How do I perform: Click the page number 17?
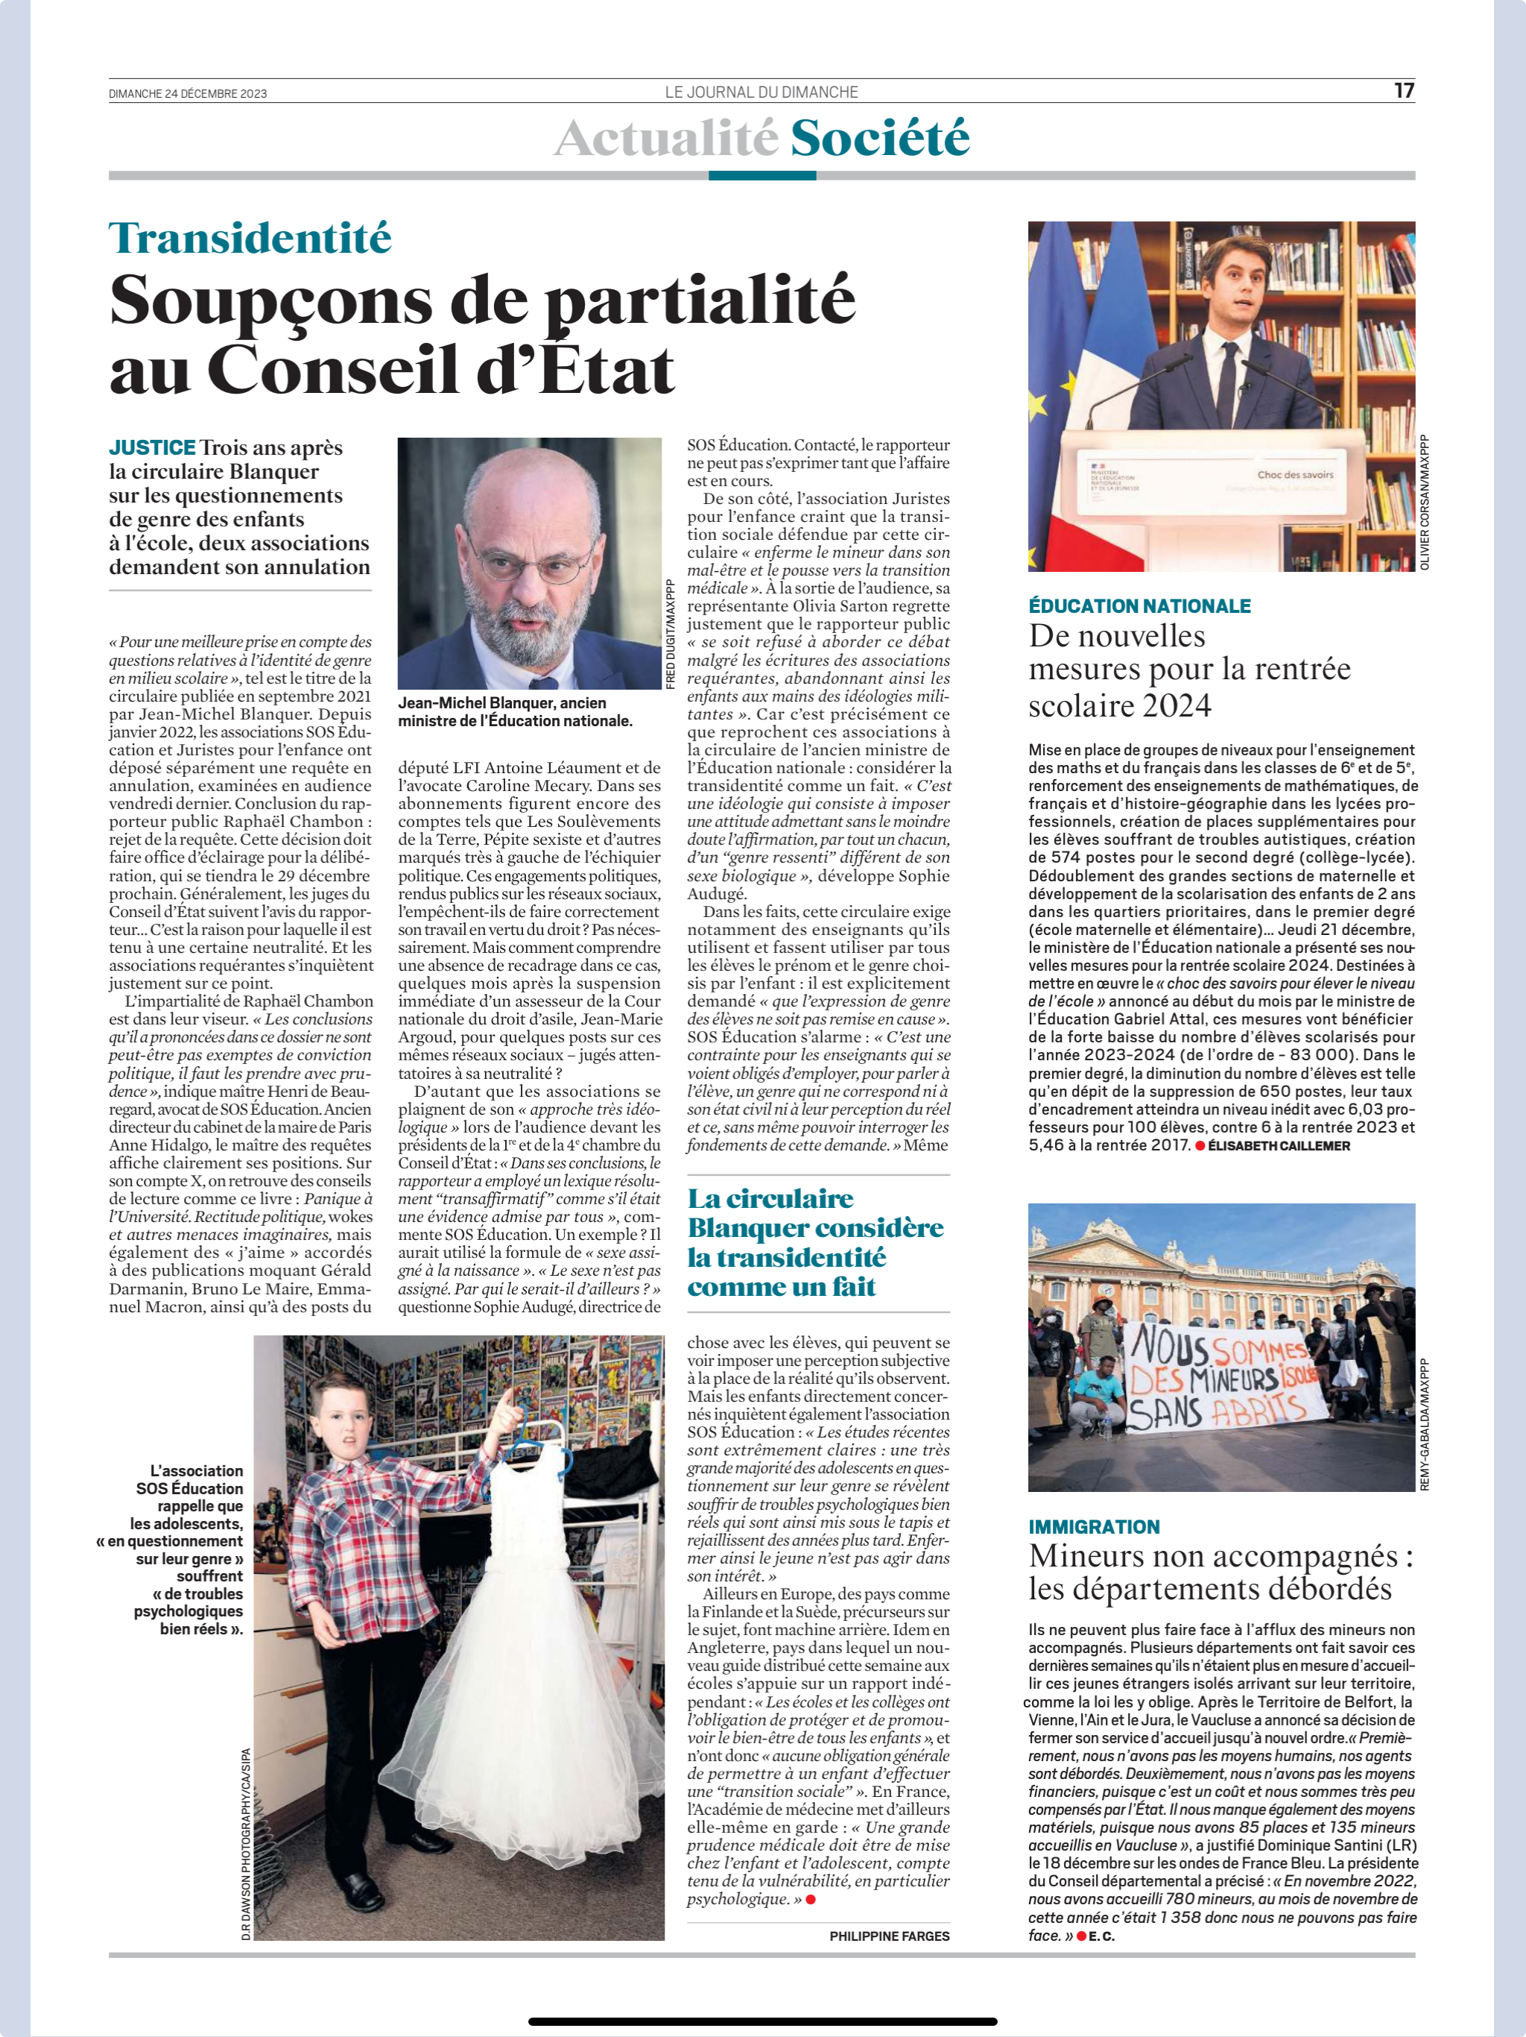click(1404, 90)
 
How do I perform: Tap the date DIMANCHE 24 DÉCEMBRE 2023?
click(188, 94)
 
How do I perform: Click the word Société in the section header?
click(879, 138)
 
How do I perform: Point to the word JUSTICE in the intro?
click(152, 447)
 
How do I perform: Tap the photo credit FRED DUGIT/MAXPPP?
click(670, 634)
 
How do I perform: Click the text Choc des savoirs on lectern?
click(1295, 474)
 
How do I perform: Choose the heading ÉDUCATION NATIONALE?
click(1139, 606)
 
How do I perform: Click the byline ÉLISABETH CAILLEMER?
click(1279, 1145)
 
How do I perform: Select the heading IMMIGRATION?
click(1095, 1527)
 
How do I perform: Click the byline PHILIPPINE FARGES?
click(889, 1936)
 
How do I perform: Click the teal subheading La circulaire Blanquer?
click(815, 1241)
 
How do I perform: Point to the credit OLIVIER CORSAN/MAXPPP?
click(1425, 502)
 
